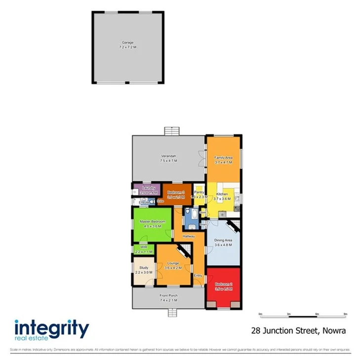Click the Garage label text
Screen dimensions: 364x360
[128, 43]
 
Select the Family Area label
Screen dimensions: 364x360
[223, 158]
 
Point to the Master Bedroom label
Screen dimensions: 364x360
[152, 221]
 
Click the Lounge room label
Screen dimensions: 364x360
[173, 263]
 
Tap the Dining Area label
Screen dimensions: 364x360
[223, 241]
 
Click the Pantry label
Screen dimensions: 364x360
[199, 192]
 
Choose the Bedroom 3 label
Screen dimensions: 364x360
[175, 193]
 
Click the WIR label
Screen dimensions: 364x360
[144, 246]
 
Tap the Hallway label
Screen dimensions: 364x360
[189, 236]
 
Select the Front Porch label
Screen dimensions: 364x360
[168, 296]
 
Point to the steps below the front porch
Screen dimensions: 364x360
[172, 313]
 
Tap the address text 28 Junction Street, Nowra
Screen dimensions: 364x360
[298, 330]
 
